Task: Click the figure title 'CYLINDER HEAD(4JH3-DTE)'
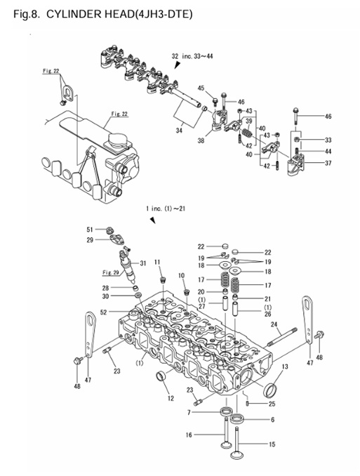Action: point(119,13)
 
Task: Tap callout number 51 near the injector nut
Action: point(90,229)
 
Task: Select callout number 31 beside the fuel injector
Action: point(142,263)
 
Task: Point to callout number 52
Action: point(104,312)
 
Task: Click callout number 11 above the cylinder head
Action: point(158,262)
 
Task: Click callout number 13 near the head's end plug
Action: point(285,366)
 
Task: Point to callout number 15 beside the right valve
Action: point(272,444)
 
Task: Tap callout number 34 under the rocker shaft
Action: point(178,130)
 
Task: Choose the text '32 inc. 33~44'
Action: point(197,55)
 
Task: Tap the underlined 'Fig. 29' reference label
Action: point(111,272)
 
